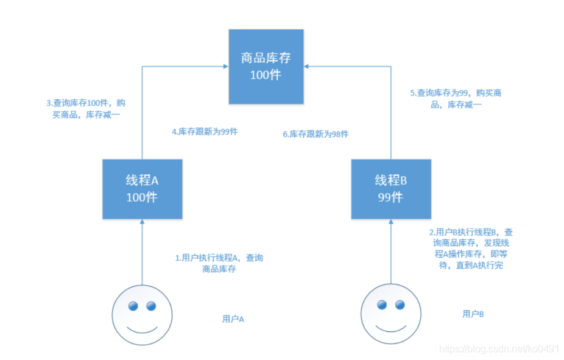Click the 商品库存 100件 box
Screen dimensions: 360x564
coord(266,66)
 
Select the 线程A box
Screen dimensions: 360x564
coord(142,189)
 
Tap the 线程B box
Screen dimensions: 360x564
coord(390,189)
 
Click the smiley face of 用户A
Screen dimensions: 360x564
coord(143,315)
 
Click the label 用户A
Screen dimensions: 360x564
coord(233,319)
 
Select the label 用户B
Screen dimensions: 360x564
coord(473,314)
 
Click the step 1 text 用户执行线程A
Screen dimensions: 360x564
coord(219,263)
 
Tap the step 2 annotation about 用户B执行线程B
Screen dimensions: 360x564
coord(471,249)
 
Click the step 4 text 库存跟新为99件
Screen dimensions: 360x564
coord(205,130)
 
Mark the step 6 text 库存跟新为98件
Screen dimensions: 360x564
coord(316,134)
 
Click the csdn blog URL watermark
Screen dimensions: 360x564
coord(499,348)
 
